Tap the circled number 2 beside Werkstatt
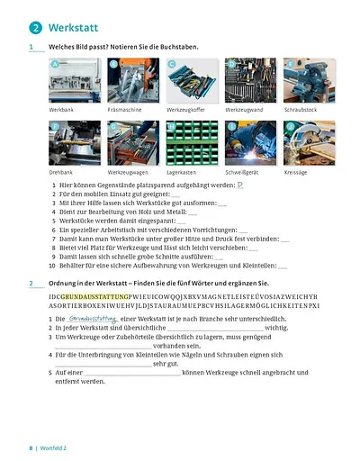35,28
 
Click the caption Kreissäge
297,171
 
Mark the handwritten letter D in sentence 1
239,185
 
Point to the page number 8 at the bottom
31,447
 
